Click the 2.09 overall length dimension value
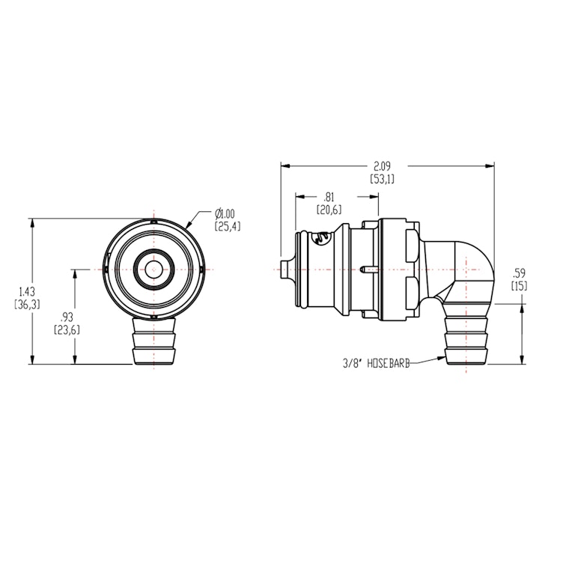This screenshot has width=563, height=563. click(x=382, y=166)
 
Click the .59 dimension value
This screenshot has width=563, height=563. click(x=518, y=273)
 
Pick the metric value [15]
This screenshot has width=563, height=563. click(x=518, y=285)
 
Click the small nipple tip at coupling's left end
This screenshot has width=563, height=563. click(x=283, y=268)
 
